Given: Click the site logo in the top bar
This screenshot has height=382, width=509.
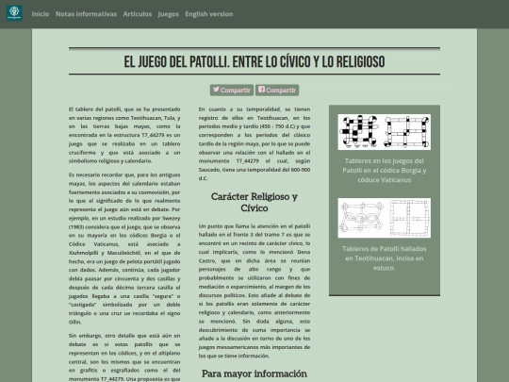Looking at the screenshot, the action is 14,14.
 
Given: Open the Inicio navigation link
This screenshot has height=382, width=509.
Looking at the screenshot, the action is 41,14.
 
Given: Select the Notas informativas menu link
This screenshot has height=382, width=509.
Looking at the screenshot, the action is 86,14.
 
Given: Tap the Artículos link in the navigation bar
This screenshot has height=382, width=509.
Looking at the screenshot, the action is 137,14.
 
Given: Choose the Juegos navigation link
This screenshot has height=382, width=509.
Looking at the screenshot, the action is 169,14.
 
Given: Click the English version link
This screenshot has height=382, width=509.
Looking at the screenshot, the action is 209,14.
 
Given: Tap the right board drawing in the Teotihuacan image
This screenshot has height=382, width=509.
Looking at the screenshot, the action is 409,208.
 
